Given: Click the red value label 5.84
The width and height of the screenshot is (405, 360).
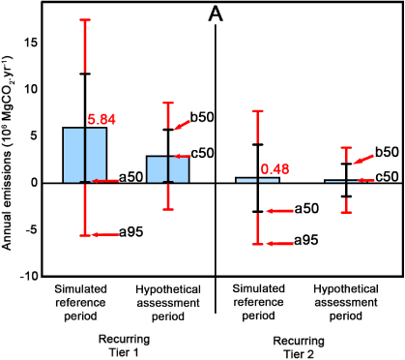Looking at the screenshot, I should pyautogui.click(x=103, y=119).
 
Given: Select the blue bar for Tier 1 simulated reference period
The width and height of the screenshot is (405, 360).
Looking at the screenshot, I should pyautogui.click(x=85, y=155).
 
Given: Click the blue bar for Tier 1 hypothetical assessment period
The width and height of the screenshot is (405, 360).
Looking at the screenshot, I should pyautogui.click(x=167, y=169).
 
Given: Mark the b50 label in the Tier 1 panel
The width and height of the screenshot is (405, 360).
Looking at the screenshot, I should pyautogui.click(x=201, y=117).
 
